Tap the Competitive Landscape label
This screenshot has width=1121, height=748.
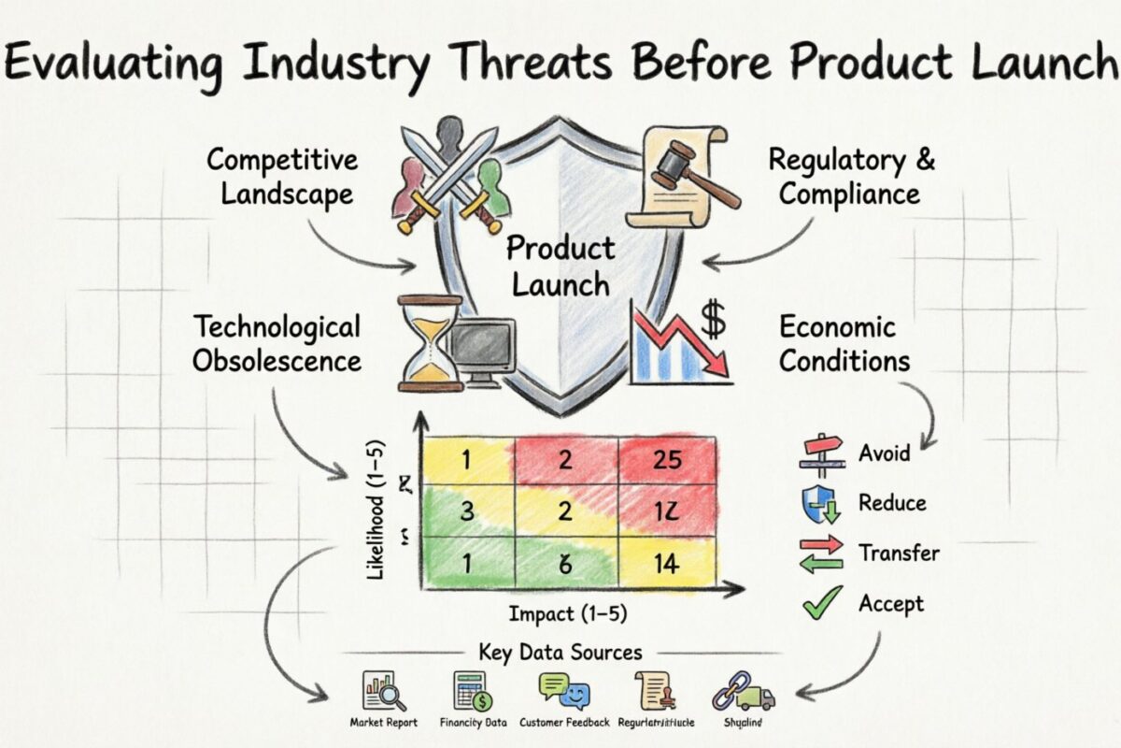[x=281, y=176]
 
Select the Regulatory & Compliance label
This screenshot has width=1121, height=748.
[x=850, y=176]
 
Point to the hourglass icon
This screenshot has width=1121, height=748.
[x=430, y=342]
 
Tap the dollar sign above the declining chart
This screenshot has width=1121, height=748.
[x=713, y=321]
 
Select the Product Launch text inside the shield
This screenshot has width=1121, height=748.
[x=560, y=266]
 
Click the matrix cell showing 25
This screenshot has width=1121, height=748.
[x=669, y=459]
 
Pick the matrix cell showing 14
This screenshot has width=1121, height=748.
[x=669, y=563]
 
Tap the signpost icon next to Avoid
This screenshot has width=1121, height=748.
[x=822, y=453]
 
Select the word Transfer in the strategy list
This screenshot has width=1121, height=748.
[x=899, y=553]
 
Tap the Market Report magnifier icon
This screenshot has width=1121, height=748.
[x=384, y=693]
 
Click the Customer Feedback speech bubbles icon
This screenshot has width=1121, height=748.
[x=564, y=693]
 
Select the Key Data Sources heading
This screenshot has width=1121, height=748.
[x=560, y=652]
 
